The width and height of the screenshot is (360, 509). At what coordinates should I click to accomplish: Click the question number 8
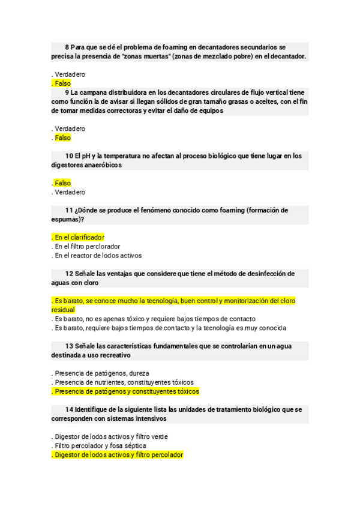click(67, 47)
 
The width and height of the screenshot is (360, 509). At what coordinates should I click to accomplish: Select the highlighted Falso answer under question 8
click(62, 83)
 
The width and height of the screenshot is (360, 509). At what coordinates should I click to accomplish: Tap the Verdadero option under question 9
click(69, 128)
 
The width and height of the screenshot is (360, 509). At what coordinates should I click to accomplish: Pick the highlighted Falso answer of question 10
click(62, 183)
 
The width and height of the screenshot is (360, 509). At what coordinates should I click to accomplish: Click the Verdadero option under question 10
click(69, 192)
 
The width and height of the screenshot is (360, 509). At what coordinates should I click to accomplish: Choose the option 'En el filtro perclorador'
click(86, 246)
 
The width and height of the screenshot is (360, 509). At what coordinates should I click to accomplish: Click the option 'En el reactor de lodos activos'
click(97, 255)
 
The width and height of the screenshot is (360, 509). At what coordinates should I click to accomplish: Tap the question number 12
click(69, 274)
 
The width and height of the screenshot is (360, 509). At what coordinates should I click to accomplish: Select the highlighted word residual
click(63, 310)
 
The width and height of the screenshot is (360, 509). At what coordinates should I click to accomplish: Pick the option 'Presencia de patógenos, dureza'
click(101, 373)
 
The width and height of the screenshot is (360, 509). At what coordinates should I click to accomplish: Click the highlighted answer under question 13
click(125, 391)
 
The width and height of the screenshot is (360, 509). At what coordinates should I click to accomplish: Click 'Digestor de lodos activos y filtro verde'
click(110, 436)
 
